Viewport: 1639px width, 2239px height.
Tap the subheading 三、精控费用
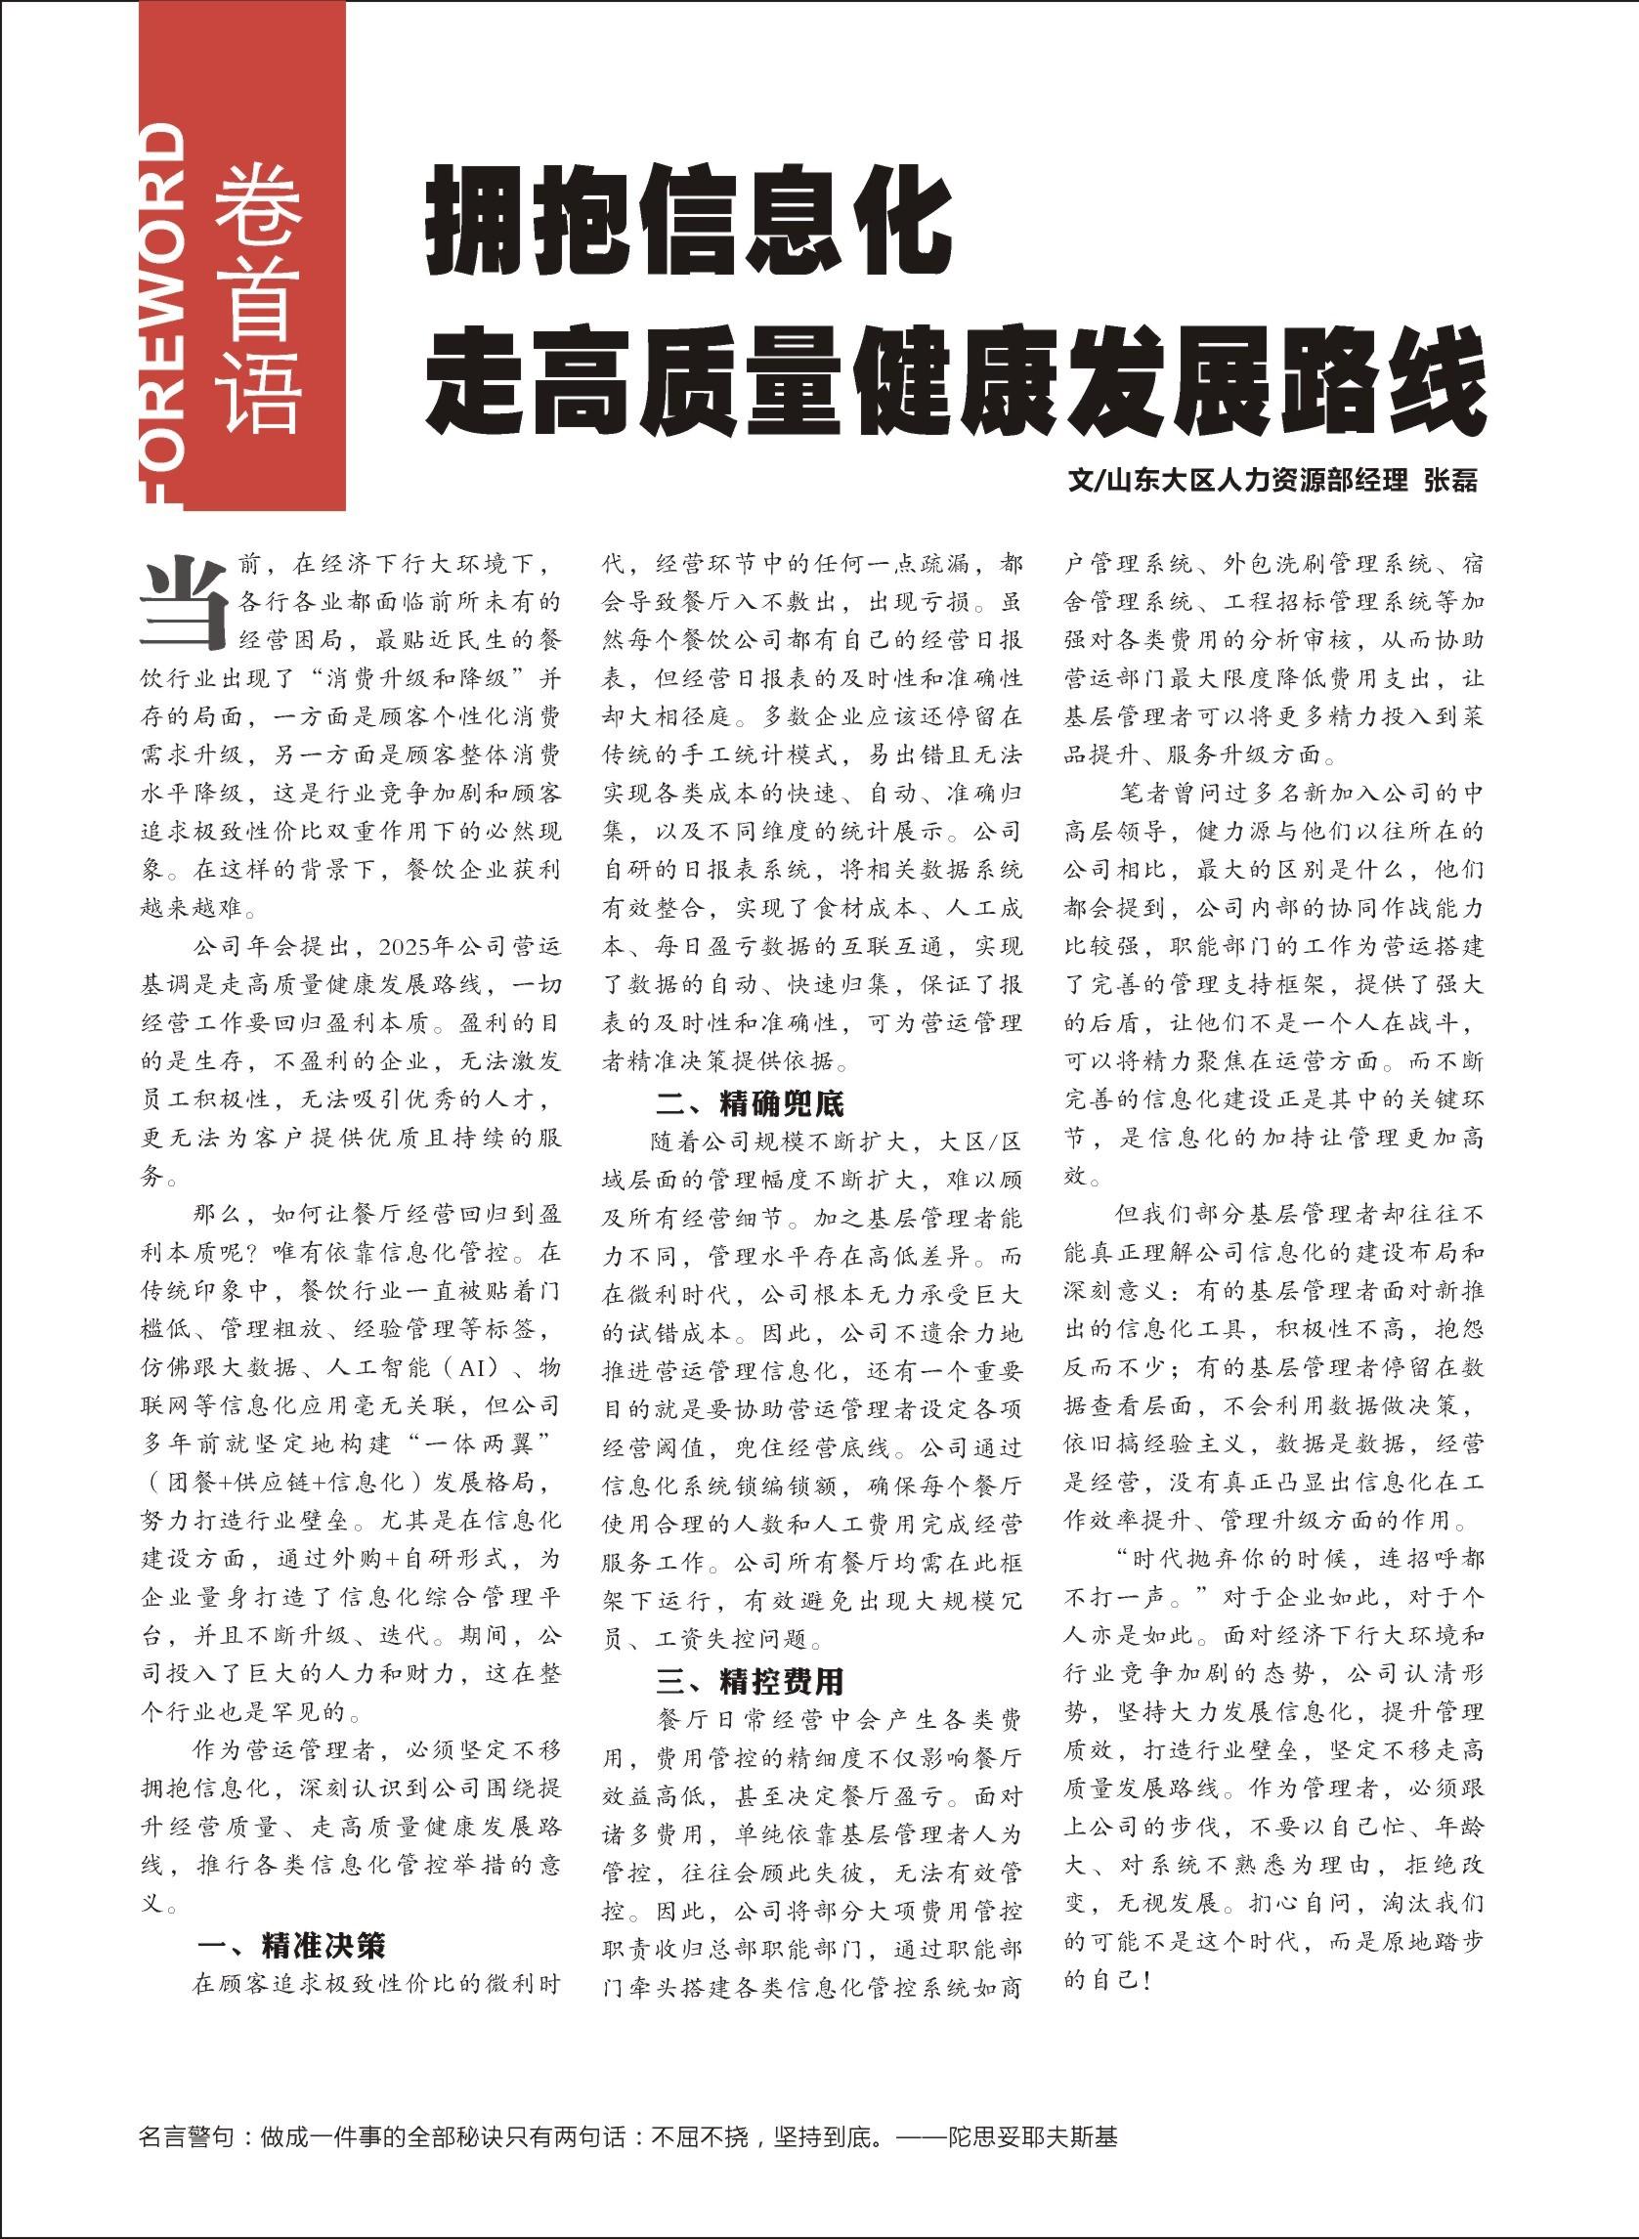pos(750,1681)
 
